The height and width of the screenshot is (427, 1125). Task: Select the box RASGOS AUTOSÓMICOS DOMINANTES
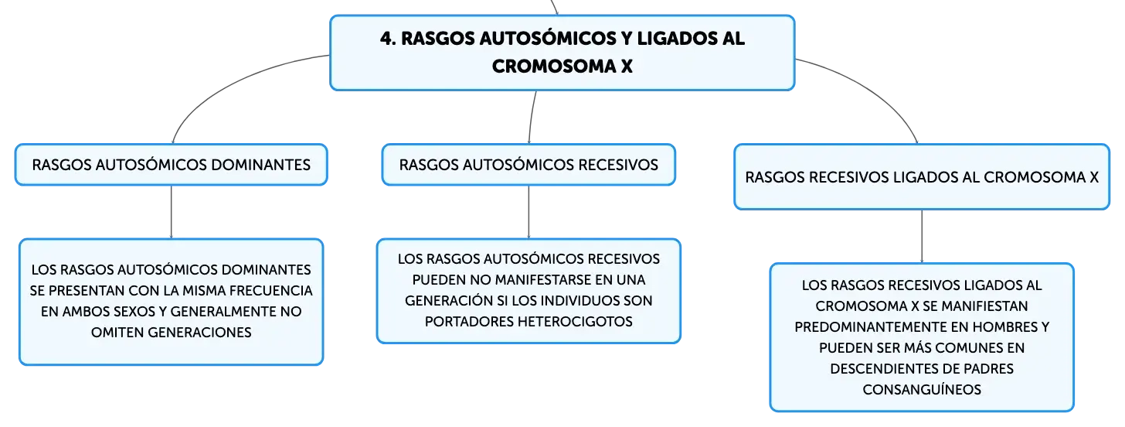(x=172, y=165)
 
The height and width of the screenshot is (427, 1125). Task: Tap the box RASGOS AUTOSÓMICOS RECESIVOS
(x=529, y=165)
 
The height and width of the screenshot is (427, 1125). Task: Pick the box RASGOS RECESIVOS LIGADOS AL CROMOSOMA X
(x=922, y=177)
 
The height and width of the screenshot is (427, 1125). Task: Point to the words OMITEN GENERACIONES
(x=172, y=333)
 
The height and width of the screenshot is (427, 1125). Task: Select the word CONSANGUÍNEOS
(x=922, y=390)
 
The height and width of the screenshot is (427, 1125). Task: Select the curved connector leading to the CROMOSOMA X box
(x=872, y=89)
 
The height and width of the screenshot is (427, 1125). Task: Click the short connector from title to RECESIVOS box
(x=532, y=117)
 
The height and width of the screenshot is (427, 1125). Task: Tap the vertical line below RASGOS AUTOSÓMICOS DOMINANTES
(x=172, y=212)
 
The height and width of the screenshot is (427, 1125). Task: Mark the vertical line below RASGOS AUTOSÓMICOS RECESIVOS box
(x=529, y=212)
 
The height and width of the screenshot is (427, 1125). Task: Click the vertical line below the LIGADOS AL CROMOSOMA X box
(x=922, y=237)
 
